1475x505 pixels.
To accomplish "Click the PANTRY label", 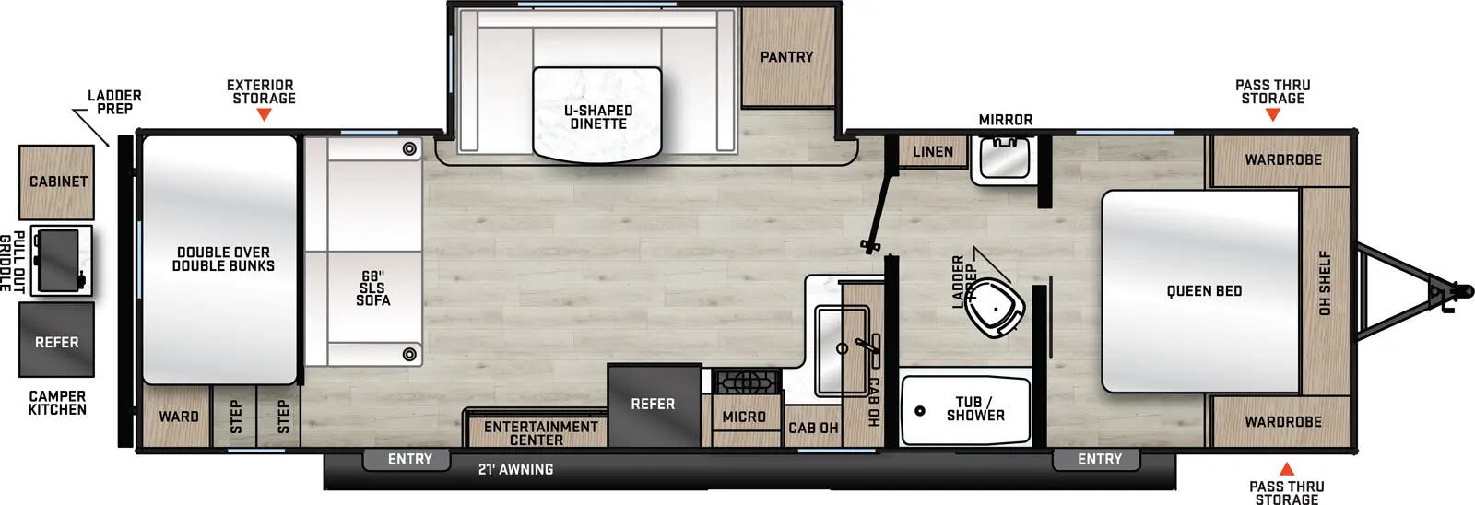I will [x=786, y=57].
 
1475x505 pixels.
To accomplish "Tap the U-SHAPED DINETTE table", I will [x=597, y=117].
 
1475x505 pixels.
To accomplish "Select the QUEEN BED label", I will [x=1203, y=291].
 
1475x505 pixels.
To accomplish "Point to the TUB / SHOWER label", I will [x=974, y=409].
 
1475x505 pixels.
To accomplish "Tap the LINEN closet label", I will [x=932, y=152].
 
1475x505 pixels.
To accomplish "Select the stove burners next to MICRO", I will [x=748, y=381].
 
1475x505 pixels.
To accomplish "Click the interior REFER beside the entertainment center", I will [x=653, y=405].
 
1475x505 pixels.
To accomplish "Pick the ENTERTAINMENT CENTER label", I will [x=540, y=433].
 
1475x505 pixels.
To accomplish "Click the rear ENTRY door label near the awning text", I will [x=409, y=459].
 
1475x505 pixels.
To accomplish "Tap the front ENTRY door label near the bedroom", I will [x=1099, y=459].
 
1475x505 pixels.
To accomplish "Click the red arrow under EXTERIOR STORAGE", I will [x=264, y=115].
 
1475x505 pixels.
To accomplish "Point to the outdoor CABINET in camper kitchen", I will [x=57, y=182].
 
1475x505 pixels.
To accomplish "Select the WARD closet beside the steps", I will [x=178, y=417].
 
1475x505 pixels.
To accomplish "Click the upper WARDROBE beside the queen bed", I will [x=1282, y=160].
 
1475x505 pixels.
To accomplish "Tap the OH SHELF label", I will [x=1325, y=283].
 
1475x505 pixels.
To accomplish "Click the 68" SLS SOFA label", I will [x=372, y=288].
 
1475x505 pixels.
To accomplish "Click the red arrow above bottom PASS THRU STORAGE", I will [x=1286, y=468].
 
